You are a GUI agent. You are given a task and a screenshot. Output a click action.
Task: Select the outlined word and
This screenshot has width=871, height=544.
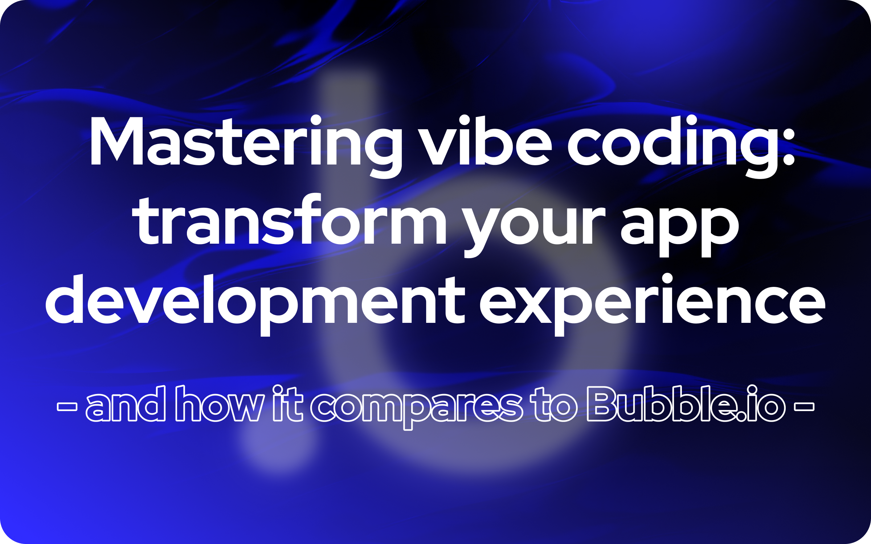click(x=126, y=404)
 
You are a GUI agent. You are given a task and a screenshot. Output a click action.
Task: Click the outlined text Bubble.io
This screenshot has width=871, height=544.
click(x=686, y=404)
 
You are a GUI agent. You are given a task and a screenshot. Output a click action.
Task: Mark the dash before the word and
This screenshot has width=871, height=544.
click(x=67, y=406)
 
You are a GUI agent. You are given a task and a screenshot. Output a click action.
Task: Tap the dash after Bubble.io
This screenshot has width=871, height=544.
click(x=804, y=406)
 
